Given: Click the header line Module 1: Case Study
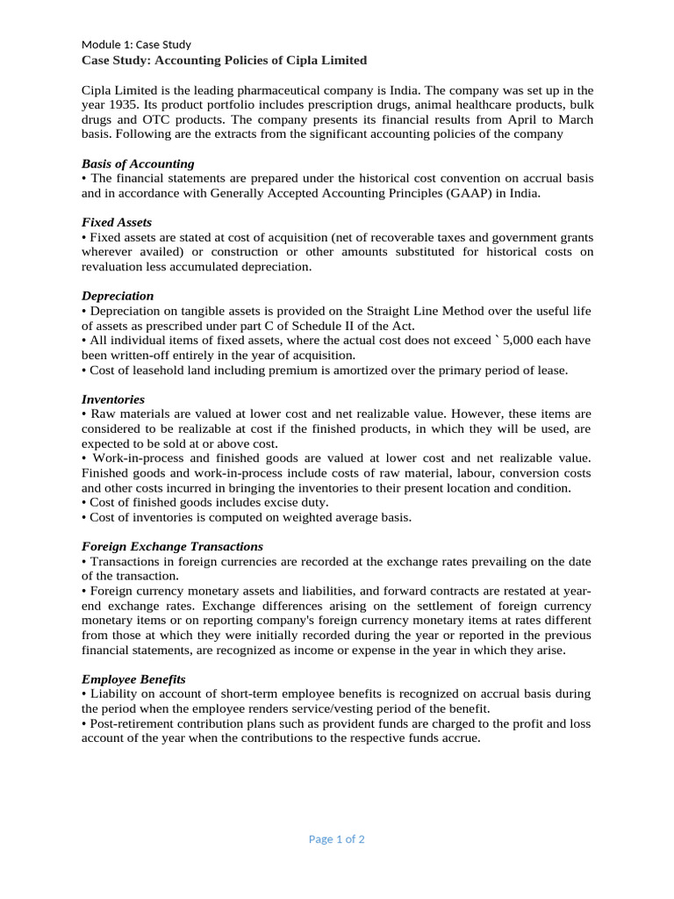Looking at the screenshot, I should point(136,44).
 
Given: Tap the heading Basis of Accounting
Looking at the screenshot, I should point(138,163).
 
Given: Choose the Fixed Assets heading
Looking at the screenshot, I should point(117,222).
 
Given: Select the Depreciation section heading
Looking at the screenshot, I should point(118,296).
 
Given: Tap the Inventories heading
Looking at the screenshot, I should point(113,399).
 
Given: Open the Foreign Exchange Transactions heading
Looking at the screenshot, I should point(172,546).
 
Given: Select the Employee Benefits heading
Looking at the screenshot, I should point(133,680).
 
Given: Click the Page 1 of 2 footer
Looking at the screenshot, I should point(337,839).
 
